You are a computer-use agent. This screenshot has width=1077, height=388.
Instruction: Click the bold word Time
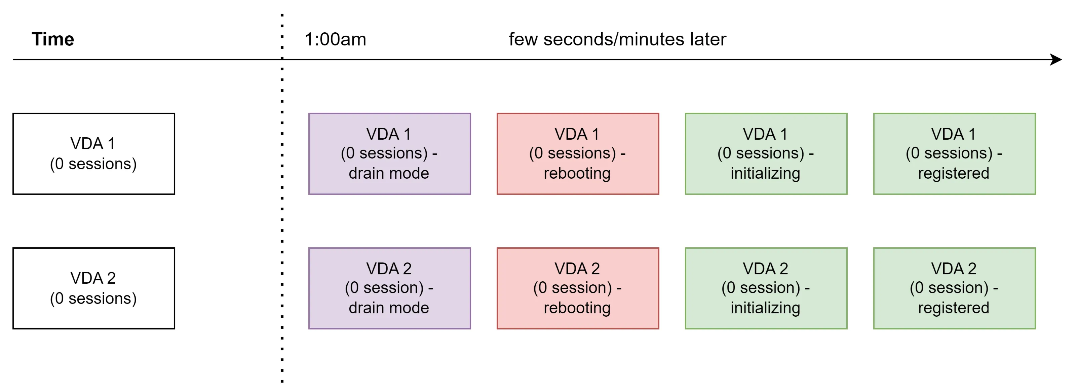[x=53, y=39]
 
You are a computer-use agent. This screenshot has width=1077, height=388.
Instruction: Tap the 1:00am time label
[x=335, y=39]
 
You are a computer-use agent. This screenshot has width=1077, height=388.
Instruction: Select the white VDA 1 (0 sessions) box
[x=94, y=153]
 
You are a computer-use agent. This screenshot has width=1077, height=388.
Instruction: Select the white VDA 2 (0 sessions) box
[x=94, y=288]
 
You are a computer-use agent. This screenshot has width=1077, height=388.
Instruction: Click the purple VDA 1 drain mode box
[x=389, y=153]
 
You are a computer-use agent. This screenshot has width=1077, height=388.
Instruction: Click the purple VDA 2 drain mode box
[x=389, y=288]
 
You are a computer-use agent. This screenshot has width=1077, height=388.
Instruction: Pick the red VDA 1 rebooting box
[x=577, y=153]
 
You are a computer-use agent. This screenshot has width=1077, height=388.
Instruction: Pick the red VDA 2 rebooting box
[x=577, y=288]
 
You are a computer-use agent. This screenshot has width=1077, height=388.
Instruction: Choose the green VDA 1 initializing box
[x=766, y=153]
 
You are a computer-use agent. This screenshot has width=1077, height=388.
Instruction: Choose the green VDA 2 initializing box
[x=766, y=288]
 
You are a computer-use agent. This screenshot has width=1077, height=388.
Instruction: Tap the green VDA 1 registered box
[x=954, y=153]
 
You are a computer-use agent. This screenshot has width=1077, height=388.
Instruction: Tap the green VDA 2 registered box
[x=954, y=288]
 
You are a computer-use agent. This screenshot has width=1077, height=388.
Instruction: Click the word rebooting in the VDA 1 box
[x=577, y=173]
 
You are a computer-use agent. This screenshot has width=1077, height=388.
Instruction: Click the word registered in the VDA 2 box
[x=953, y=308]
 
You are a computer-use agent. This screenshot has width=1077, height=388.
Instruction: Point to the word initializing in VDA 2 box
[x=765, y=308]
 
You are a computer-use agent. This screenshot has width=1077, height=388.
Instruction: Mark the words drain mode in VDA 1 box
[x=389, y=173]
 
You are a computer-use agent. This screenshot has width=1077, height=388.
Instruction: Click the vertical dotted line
[x=282, y=209]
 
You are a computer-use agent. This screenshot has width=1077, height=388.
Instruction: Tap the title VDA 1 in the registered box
[x=953, y=134]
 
